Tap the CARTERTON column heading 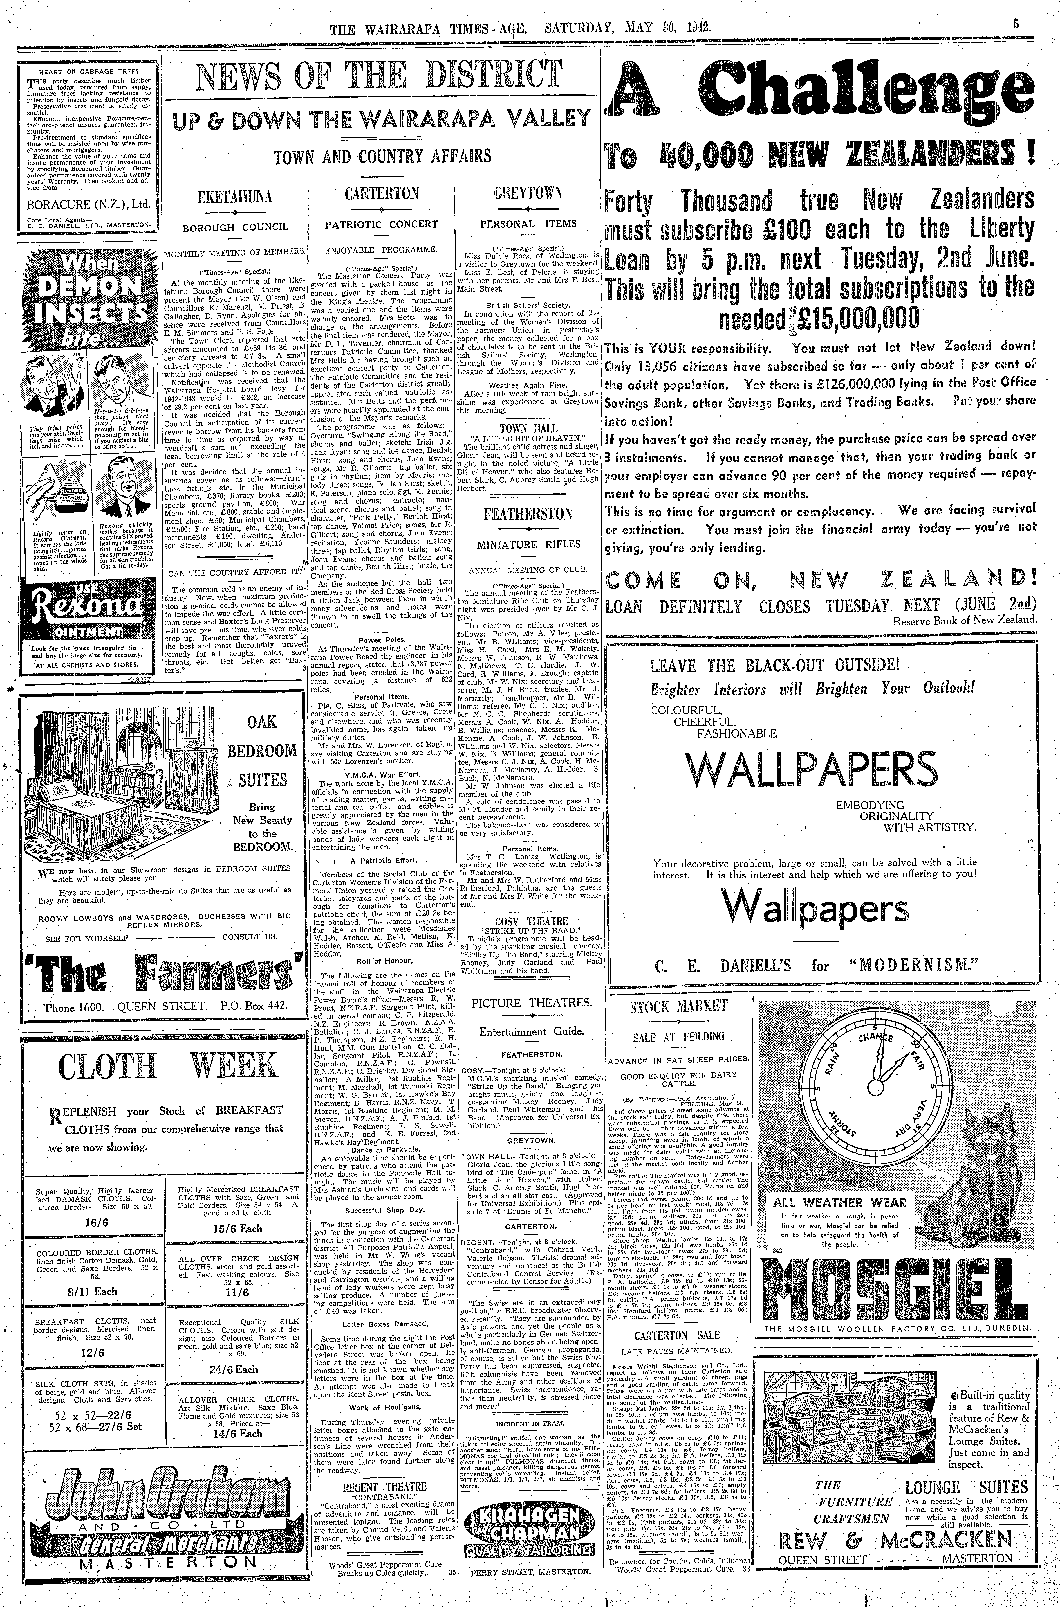(382, 193)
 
